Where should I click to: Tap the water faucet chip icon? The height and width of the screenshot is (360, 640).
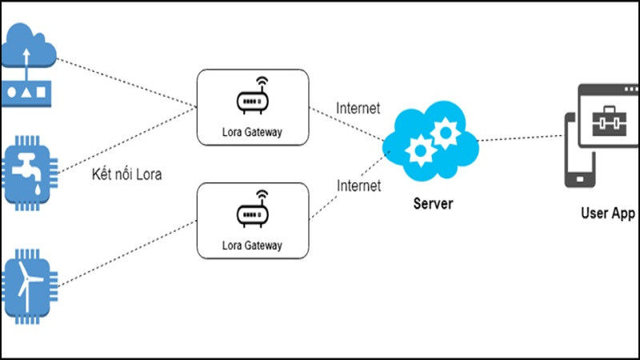click(x=30, y=170)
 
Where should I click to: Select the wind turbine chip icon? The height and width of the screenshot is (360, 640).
click(x=30, y=283)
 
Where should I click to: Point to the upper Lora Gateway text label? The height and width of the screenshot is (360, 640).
click(x=253, y=131)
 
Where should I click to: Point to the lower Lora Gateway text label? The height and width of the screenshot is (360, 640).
click(x=253, y=246)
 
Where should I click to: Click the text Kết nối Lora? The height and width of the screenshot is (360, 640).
click(x=126, y=174)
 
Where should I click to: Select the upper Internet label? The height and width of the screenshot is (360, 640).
click(x=358, y=108)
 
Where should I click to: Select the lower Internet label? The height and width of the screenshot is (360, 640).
click(x=358, y=186)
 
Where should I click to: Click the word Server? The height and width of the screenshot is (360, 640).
click(x=433, y=204)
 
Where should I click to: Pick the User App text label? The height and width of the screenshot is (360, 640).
click(x=608, y=214)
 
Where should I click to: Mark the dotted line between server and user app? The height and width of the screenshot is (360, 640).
click(x=520, y=139)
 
